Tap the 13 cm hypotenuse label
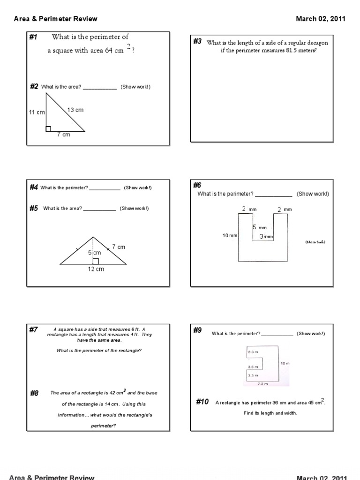(75, 110)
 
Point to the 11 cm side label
(37, 112)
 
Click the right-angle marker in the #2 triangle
(48, 129)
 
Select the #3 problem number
(197, 42)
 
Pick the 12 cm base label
(96, 269)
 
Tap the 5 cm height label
(94, 253)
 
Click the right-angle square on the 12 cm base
(96, 261)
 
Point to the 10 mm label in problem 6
(230, 235)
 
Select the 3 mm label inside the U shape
(266, 237)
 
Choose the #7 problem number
(33, 330)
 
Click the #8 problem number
(34, 393)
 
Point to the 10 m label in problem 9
(285, 363)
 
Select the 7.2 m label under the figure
(263, 383)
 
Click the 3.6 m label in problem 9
(253, 367)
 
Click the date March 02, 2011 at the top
(321, 19)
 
